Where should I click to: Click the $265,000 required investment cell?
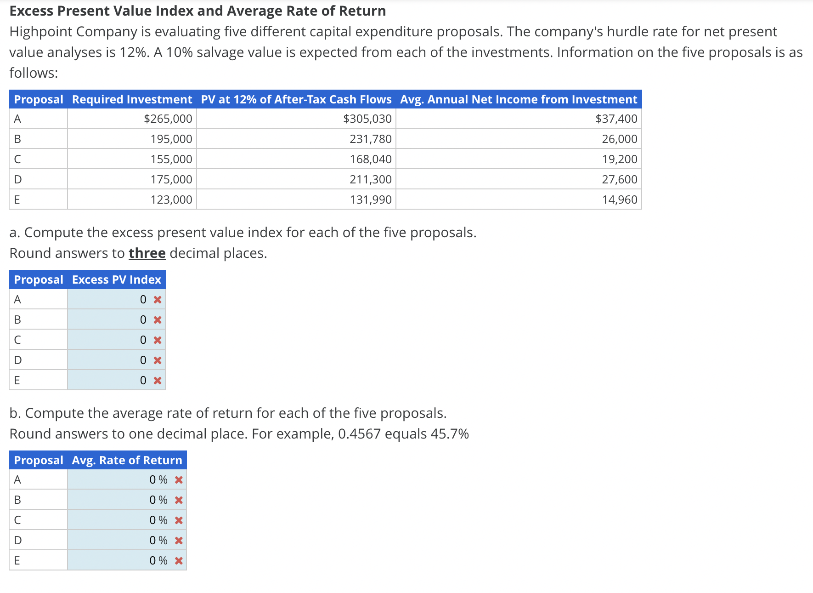coord(168,119)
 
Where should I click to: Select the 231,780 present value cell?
coord(370,139)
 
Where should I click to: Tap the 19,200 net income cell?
coord(619,159)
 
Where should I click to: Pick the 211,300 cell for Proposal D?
coord(370,179)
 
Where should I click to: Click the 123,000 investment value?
coord(171,200)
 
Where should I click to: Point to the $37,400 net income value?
coord(616,119)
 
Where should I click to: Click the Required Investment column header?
coord(132,99)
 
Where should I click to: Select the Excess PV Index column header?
coord(116,279)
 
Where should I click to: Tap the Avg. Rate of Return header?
coord(127,460)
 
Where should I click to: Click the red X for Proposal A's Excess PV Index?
coord(158,300)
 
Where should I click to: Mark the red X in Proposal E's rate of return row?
coord(179,561)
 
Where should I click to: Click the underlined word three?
coord(147,253)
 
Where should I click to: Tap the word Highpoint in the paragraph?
coord(41,32)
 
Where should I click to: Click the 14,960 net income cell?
coord(619,200)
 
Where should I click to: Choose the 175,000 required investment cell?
coord(171,179)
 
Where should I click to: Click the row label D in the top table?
coord(18,179)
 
